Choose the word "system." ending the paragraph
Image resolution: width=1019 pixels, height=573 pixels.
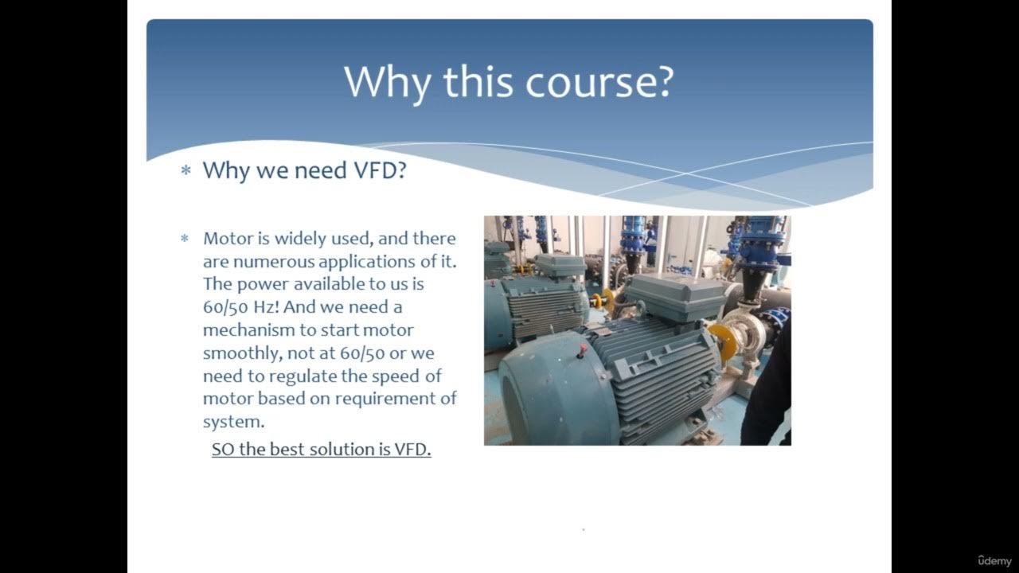tap(233, 422)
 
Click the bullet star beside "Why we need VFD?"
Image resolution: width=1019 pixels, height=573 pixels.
tap(186, 171)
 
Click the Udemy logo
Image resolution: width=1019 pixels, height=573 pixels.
tap(994, 561)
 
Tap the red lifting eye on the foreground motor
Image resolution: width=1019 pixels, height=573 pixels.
tap(582, 349)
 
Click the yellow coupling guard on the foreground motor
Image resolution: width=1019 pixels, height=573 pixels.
tap(724, 340)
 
